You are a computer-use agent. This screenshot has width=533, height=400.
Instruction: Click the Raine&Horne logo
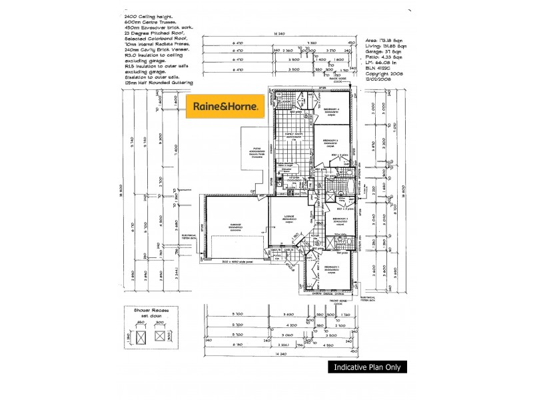click(x=226, y=105)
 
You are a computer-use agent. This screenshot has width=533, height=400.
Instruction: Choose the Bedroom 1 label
click(x=330, y=267)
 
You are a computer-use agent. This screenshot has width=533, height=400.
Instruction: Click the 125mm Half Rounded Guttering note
click(x=159, y=82)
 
